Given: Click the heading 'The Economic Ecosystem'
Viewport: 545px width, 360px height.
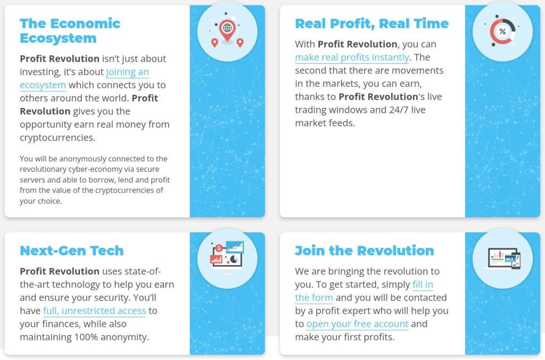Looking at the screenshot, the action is click(x=70, y=30).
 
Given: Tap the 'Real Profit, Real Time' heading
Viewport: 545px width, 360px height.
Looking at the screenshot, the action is click(x=372, y=23).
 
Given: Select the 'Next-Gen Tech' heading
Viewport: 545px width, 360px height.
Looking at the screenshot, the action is click(x=72, y=250).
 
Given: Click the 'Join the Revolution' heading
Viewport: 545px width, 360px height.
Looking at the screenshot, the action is click(x=364, y=250).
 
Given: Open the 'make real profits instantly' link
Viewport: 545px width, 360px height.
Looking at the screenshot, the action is click(x=352, y=57).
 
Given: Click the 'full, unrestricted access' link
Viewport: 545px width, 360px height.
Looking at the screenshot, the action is click(x=95, y=311).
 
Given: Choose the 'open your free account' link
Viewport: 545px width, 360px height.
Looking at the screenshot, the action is click(x=357, y=324).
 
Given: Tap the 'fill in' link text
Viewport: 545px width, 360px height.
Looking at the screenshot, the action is click(x=423, y=284).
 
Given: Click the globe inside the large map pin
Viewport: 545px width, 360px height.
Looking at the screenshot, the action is click(x=227, y=28).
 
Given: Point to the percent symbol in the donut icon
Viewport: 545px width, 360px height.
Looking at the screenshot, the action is click(x=502, y=31).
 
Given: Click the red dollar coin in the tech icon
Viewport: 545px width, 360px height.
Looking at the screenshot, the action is click(x=219, y=248).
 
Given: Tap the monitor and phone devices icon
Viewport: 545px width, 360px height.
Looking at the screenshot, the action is click(x=504, y=258).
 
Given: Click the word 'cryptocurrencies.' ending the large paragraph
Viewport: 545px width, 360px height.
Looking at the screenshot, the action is click(x=57, y=138).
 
